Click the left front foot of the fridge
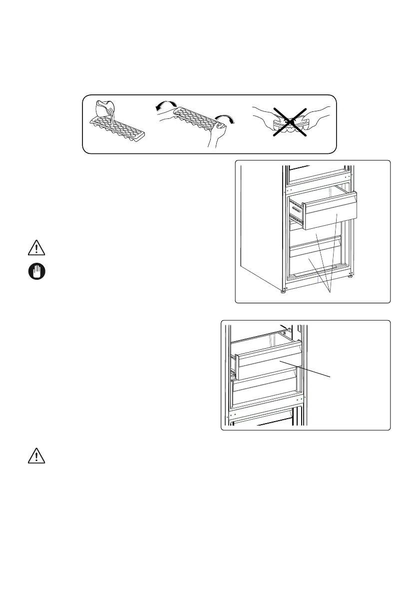point(284,290)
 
